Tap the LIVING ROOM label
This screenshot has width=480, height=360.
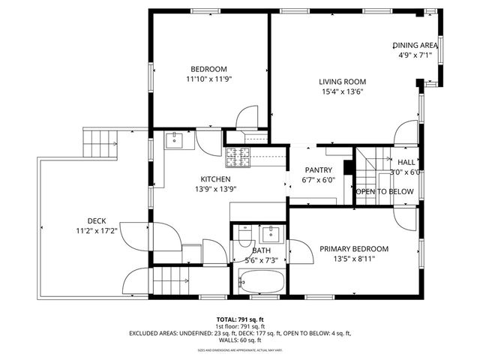pyautogui.click(x=341, y=82)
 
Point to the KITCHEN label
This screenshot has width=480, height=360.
pyautogui.click(x=214, y=179)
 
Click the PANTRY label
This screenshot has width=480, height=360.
pyautogui.click(x=318, y=170)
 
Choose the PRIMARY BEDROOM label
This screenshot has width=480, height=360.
pyautogui.click(x=354, y=249)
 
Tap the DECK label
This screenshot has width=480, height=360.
pyautogui.click(x=96, y=220)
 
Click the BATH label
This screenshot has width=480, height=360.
pyautogui.click(x=261, y=250)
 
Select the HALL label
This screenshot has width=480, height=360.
pyautogui.click(x=406, y=162)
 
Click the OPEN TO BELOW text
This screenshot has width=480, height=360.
pyautogui.click(x=384, y=192)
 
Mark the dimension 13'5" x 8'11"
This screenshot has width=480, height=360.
pyautogui.click(x=354, y=259)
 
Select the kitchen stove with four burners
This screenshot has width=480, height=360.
pyautogui.click(x=238, y=157)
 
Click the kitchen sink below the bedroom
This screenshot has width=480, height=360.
pyautogui.click(x=172, y=139)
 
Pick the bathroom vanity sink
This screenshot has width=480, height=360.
pyautogui.click(x=271, y=232)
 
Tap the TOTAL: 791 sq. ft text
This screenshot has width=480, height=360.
pyautogui.click(x=240, y=319)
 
